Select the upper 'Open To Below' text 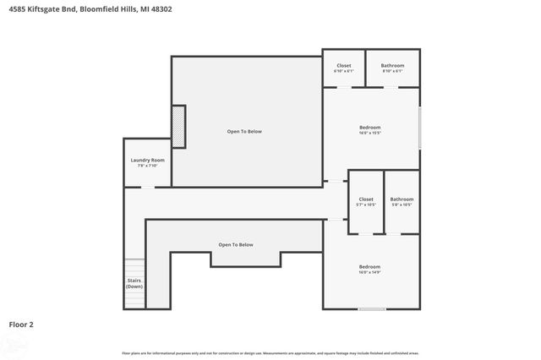pos(244,131)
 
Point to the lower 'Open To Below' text pos(236,245)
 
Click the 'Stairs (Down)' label pos(134,283)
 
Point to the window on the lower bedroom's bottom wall pos(371,308)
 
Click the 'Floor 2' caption pos(21,324)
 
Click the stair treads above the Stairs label pos(134,266)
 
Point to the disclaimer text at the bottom pos(270,352)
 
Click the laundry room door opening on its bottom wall pos(147,187)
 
